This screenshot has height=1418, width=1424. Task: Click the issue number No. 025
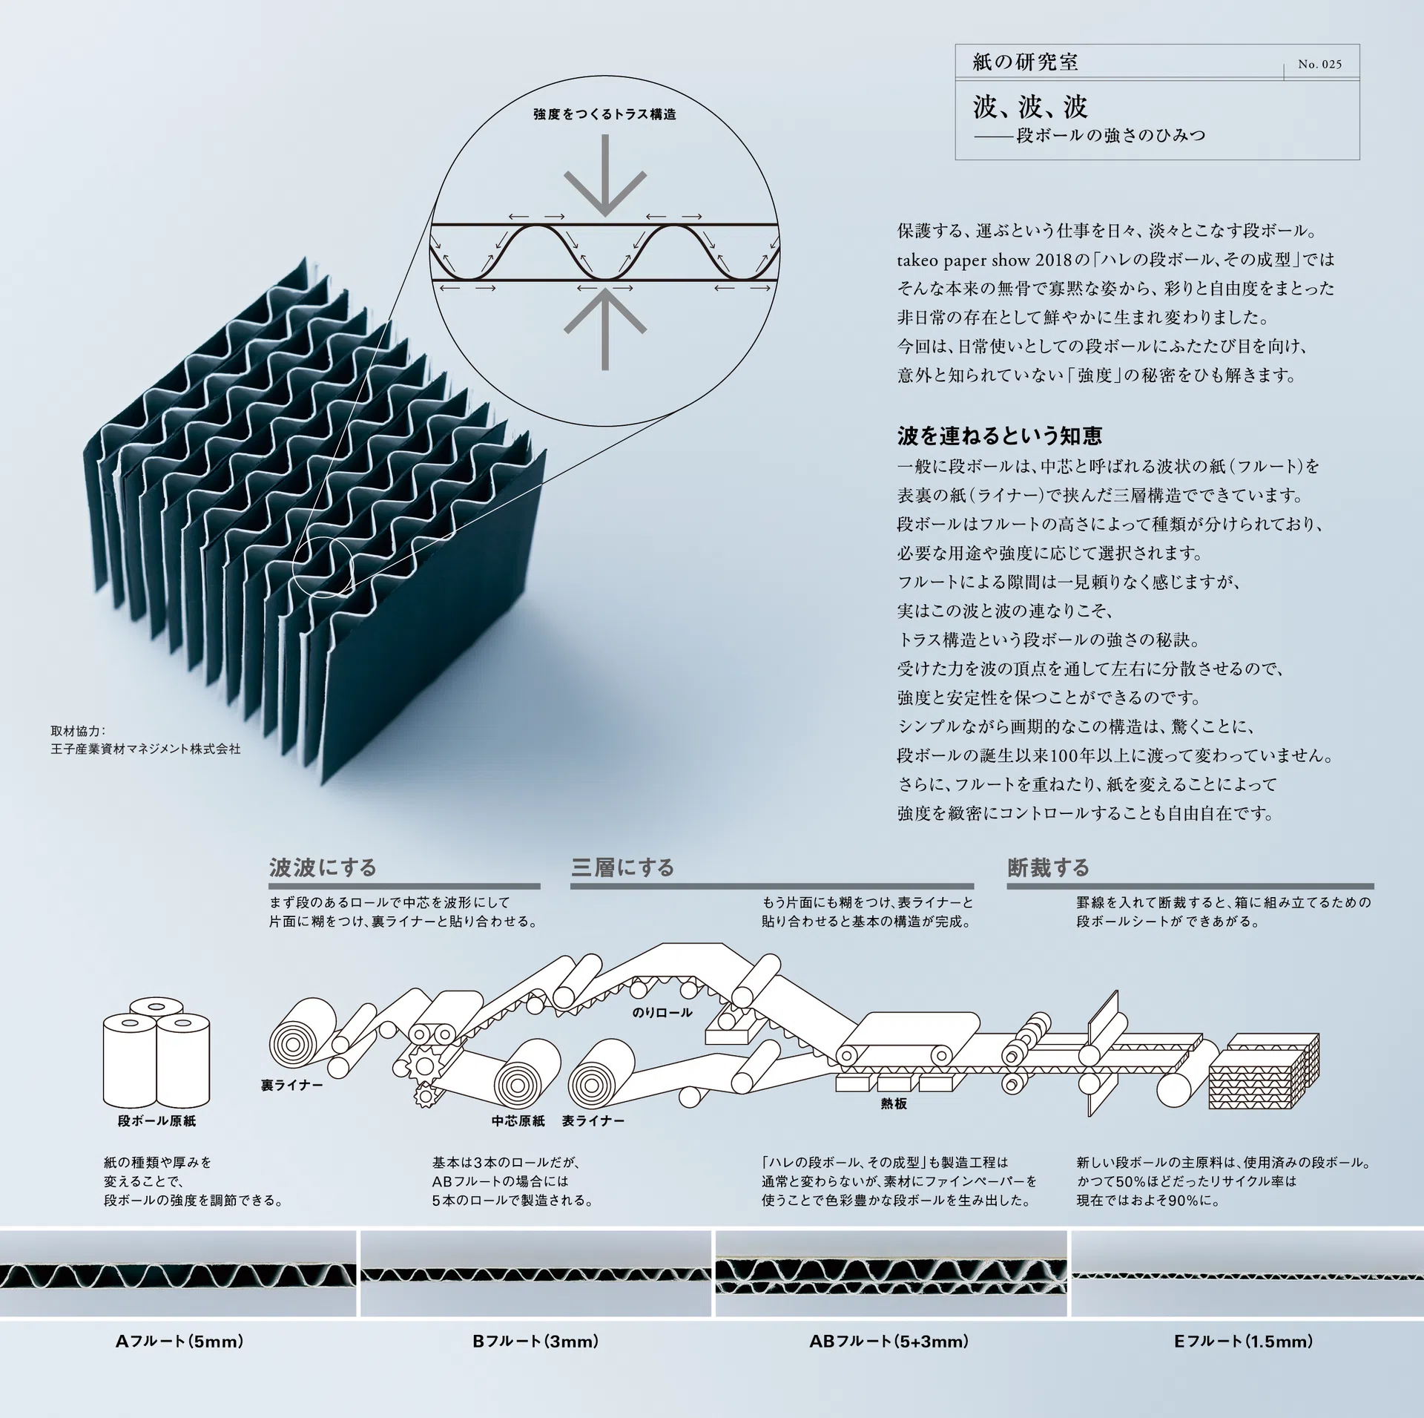tap(1319, 65)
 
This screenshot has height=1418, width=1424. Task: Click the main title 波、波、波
tap(1030, 108)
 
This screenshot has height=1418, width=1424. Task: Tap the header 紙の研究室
tap(1025, 62)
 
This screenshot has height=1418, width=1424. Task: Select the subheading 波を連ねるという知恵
tap(999, 436)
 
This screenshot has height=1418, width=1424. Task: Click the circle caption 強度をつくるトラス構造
tap(604, 114)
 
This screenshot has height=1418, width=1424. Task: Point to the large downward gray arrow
tap(605, 174)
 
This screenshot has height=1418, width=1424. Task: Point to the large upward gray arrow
tap(605, 328)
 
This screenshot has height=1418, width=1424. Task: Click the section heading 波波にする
tap(323, 867)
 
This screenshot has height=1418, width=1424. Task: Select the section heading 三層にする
tap(622, 867)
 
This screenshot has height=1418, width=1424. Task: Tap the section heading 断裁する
tap(1048, 867)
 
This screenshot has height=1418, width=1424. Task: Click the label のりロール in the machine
tap(662, 1012)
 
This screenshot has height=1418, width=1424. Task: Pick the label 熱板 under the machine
tap(894, 1103)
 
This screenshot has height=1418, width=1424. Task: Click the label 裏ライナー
tap(291, 1085)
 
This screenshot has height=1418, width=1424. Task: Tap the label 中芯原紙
tap(518, 1120)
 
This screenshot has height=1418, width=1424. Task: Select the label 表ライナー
tap(593, 1120)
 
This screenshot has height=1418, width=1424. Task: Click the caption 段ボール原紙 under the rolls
tap(156, 1120)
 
